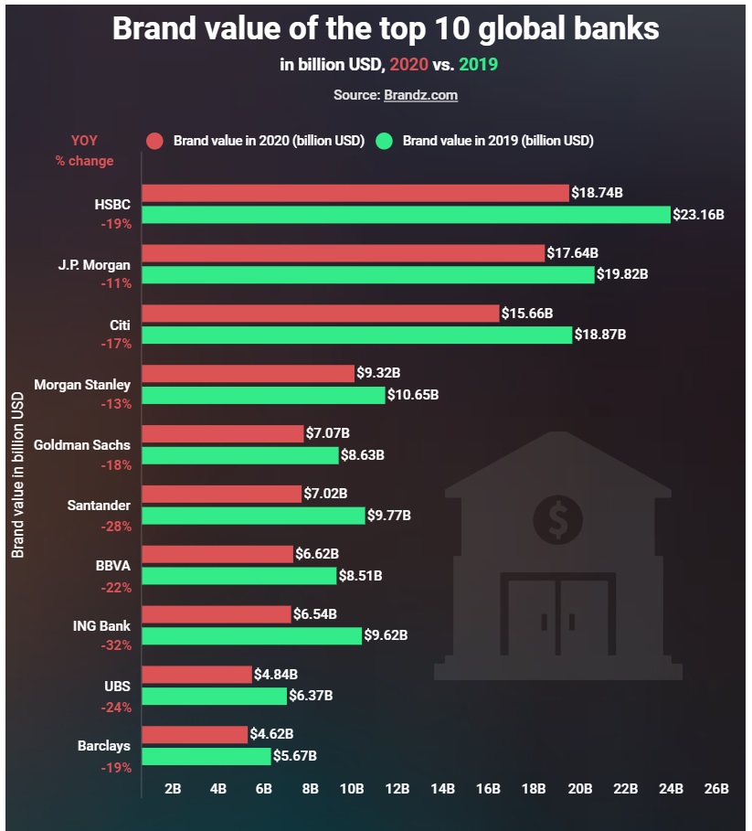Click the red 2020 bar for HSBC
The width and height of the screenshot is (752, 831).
(x=355, y=193)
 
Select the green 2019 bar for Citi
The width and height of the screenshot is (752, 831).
(x=357, y=335)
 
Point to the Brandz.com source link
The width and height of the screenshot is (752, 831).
(x=420, y=95)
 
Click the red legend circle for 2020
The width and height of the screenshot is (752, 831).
(x=155, y=141)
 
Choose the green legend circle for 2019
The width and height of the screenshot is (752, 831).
(x=385, y=141)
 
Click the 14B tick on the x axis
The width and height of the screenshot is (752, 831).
(x=442, y=788)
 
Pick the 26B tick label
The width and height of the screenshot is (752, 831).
(x=716, y=788)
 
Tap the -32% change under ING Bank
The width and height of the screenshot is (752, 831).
(x=116, y=645)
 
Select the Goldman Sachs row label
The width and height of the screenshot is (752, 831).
(x=82, y=445)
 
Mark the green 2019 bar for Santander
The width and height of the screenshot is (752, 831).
(x=253, y=516)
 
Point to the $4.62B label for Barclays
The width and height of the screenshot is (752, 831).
(x=272, y=733)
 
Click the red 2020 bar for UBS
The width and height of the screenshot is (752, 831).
(x=196, y=675)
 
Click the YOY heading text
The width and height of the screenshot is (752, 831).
(x=84, y=141)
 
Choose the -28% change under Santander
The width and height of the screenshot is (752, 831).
(x=116, y=527)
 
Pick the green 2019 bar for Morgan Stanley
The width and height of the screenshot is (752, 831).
(x=263, y=395)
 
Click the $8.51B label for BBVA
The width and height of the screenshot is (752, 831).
(x=361, y=576)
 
